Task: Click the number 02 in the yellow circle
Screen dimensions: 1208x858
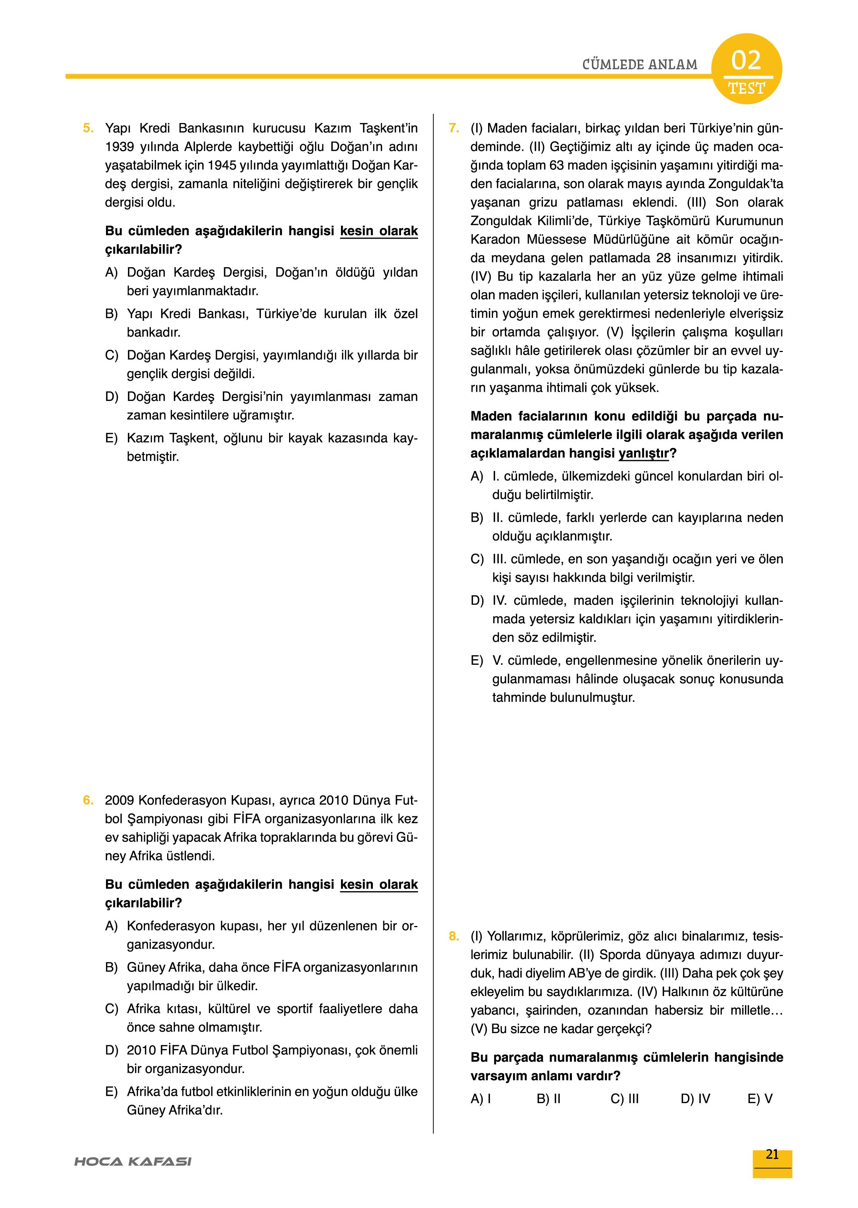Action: coord(746,61)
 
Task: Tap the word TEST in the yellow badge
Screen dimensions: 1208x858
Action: coord(746,89)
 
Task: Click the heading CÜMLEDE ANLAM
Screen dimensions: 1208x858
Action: coord(639,64)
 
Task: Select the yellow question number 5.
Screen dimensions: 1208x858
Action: coord(88,128)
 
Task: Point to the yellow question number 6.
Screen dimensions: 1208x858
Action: coord(88,800)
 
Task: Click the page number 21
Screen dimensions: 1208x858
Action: coord(772,1155)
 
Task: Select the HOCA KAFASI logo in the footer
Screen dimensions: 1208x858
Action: coord(133,1162)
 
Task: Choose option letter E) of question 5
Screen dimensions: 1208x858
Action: coord(111,438)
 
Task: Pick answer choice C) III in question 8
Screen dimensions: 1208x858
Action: coord(625,1099)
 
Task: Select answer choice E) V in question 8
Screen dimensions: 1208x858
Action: coord(760,1099)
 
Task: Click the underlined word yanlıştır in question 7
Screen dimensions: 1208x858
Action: coord(643,453)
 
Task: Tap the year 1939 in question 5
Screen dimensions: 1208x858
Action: coord(119,147)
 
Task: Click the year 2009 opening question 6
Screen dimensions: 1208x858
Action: coord(119,800)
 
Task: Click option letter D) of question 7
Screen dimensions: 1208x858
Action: coord(477,601)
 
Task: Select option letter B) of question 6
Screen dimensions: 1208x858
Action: coord(111,968)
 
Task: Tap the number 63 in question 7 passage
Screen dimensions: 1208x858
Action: coord(556,165)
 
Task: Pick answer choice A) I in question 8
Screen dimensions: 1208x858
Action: coord(481,1099)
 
